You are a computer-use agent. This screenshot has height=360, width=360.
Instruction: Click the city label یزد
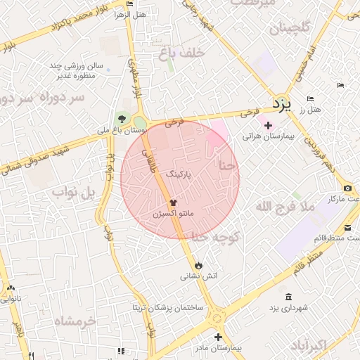pos(281,105)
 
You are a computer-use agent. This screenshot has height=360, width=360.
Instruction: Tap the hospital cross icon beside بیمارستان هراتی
pos(267,125)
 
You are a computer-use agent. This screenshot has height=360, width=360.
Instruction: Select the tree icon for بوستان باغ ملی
pos(124,118)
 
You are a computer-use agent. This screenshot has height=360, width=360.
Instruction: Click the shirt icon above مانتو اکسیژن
pos(174,202)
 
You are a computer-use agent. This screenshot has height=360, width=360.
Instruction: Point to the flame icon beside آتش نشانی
pos(200,265)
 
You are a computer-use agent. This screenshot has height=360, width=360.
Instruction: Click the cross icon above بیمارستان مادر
pos(218,337)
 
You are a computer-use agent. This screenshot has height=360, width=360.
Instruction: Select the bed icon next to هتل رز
pos(310,99)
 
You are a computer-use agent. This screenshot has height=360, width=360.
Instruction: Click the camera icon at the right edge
pos(347,188)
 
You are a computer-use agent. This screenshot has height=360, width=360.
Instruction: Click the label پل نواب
pos(73,193)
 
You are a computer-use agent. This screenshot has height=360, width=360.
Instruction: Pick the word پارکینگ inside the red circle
pos(177,172)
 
